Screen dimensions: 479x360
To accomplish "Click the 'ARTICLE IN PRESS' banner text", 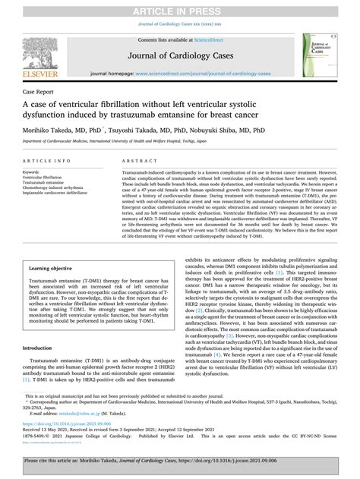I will [180, 8].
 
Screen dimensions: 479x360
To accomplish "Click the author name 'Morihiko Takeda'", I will [55, 131].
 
